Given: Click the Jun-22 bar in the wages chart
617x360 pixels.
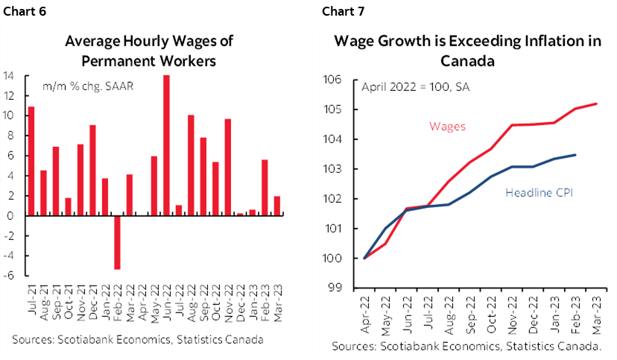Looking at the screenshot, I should click(x=165, y=145).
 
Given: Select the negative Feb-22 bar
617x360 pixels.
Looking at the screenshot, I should click(x=117, y=242).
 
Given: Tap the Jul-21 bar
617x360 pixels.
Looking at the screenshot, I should click(x=31, y=161).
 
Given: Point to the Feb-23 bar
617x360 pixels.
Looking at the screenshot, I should click(x=264, y=188).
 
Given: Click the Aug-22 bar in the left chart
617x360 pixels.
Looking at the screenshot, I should click(x=190, y=165).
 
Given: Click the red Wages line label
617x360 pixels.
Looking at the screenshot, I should click(x=448, y=126).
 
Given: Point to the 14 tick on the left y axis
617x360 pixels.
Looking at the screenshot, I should click(x=10, y=75).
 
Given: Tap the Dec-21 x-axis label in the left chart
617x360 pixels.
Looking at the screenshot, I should click(x=92, y=306).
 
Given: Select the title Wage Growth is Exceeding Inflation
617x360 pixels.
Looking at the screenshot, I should click(x=467, y=51).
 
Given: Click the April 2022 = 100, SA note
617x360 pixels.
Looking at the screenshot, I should click(x=411, y=86).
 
